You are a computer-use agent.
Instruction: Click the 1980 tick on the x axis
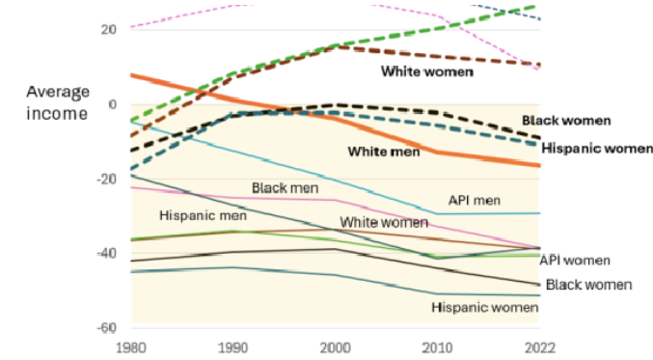pos(131,347)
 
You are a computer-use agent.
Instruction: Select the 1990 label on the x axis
pos(232,347)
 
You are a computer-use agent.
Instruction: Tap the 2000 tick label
pos(335,347)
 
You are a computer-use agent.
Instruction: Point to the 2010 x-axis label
pos(437,347)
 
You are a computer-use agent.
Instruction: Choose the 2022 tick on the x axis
pos(539,347)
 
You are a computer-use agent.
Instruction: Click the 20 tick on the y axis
pos(108,30)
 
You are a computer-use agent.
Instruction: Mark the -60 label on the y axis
pos(106,328)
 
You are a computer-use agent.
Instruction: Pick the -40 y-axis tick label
pos(106,253)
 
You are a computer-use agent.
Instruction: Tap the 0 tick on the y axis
pos(113,104)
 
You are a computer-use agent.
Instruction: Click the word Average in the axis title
pos(58,92)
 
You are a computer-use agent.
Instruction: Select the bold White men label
pos(384,152)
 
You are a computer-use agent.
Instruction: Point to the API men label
pos(475,201)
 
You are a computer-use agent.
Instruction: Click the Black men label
pos(285,188)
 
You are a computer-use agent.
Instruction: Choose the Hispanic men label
pos(203,215)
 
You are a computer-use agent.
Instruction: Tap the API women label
pos(575,261)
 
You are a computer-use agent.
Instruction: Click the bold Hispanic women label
pos(597,149)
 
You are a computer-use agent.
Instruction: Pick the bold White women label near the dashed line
pos(427,71)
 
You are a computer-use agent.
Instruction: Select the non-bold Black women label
pos(588,285)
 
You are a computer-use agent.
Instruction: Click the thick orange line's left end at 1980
pos(131,75)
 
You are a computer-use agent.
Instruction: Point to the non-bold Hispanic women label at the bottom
pos(485,308)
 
